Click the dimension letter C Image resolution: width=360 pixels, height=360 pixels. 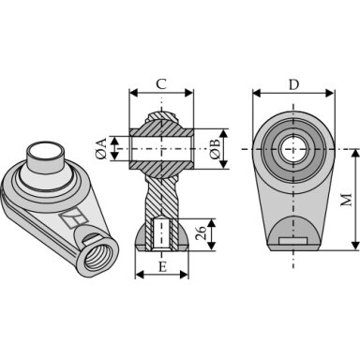click(161, 83)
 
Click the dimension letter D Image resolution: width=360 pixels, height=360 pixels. click(293, 84)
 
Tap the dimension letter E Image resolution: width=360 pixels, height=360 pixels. click(162, 267)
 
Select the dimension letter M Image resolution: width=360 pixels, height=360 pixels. click(346, 200)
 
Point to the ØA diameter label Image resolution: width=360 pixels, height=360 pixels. click(101, 149)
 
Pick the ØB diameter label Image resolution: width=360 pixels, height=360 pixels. click(216, 149)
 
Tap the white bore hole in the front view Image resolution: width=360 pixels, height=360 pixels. click(293, 149)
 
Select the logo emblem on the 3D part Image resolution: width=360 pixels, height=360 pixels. click(74, 217)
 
